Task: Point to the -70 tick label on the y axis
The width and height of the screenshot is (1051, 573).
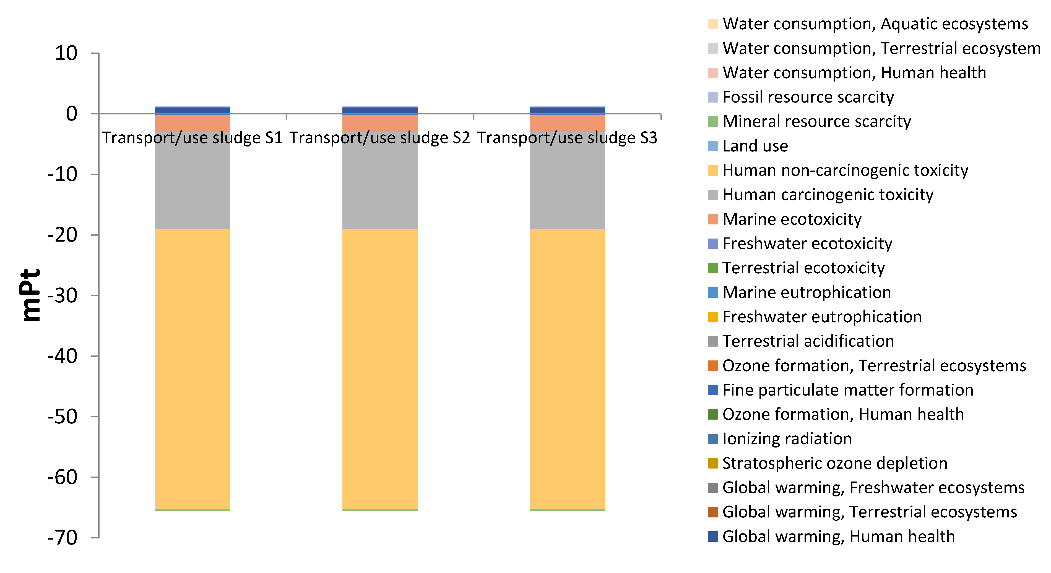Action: [x=63, y=538]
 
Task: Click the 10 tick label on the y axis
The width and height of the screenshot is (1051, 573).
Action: [x=66, y=53]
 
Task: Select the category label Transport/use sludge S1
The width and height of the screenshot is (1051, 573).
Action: [x=192, y=138]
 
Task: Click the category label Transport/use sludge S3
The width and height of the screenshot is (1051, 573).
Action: [x=567, y=138]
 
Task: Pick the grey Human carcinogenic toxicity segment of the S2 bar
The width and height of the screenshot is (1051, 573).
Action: [x=379, y=184]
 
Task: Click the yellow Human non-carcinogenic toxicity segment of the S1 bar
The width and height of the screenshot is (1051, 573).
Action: [x=192, y=367]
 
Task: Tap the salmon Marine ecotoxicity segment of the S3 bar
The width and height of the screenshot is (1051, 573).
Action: [x=567, y=123]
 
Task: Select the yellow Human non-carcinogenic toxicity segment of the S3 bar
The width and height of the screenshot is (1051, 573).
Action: [x=567, y=367]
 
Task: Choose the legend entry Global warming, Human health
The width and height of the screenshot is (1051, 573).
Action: [x=838, y=536]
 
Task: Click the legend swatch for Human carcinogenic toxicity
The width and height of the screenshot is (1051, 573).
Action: [x=712, y=195]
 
